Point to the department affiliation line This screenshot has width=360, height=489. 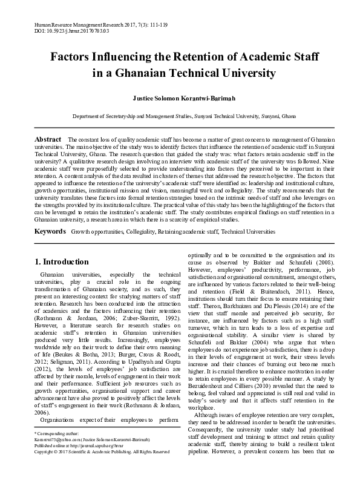[x=180, y=115]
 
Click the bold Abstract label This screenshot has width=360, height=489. [x=48, y=139]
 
